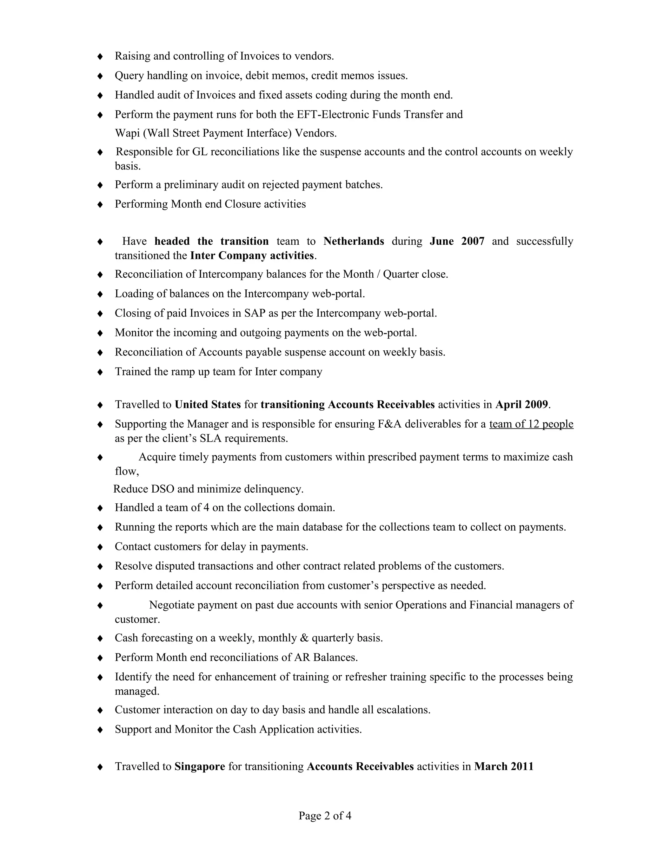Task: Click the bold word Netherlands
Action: tap(354, 241)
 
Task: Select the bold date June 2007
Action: tap(457, 241)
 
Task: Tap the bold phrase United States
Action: tap(208, 404)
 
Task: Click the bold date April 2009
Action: tap(521, 404)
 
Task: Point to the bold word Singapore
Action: tap(199, 766)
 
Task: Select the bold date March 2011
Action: tap(504, 766)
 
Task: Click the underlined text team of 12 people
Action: tap(531, 424)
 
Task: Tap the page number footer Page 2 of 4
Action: tap(325, 816)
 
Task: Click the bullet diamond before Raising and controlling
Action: tap(100, 56)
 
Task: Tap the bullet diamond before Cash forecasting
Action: tap(100, 639)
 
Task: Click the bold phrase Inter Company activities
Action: tap(252, 256)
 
